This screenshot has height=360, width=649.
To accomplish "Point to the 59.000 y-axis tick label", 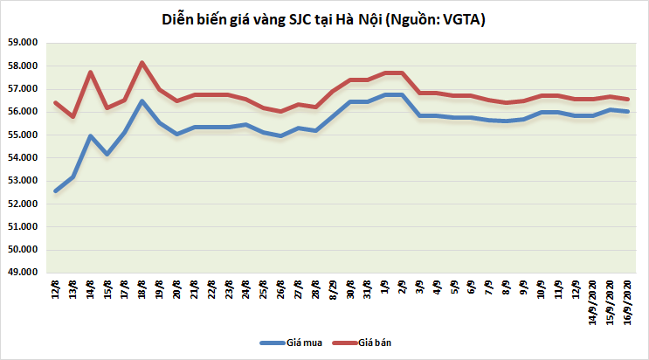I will click(x=24, y=43).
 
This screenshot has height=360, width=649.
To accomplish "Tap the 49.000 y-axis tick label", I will click(x=24, y=273).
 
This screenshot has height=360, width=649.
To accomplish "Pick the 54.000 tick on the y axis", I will click(x=24, y=158).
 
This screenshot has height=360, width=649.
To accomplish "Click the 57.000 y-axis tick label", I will click(x=24, y=89).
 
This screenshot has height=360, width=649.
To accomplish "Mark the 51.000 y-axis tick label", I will click(x=24, y=227).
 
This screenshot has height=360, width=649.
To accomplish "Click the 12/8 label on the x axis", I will click(x=56, y=290).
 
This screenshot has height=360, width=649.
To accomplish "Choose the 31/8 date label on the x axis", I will click(x=368, y=290).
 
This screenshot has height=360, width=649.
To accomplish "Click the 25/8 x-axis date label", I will click(x=264, y=290).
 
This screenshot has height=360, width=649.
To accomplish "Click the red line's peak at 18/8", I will click(x=142, y=63).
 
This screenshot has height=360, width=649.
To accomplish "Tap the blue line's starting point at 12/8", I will click(x=56, y=190).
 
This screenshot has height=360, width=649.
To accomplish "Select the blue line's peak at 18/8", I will click(x=142, y=101).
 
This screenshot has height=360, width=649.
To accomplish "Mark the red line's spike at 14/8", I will click(x=91, y=72).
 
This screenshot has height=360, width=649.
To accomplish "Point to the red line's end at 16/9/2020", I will click(x=628, y=99).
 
